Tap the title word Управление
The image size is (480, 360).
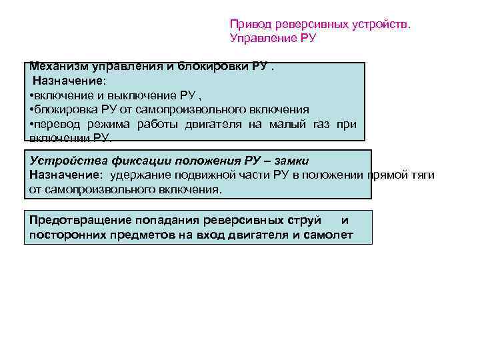point(261,38)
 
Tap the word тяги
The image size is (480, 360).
point(422,175)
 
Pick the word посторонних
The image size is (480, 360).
point(63,234)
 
